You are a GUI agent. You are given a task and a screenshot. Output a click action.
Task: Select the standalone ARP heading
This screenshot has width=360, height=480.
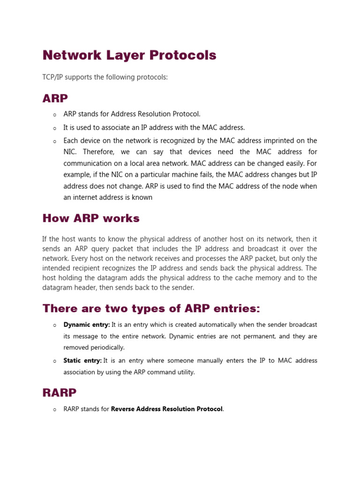coord(55,98)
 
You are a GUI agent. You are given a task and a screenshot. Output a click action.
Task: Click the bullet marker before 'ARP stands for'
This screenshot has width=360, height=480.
coord(54,114)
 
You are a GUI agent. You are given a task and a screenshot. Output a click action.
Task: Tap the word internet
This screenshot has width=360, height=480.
coord(86,197)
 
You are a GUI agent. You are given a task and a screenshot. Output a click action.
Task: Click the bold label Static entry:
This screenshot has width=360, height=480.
coord(82,360)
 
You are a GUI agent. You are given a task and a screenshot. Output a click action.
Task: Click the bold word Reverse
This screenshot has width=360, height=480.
coord(123,409)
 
